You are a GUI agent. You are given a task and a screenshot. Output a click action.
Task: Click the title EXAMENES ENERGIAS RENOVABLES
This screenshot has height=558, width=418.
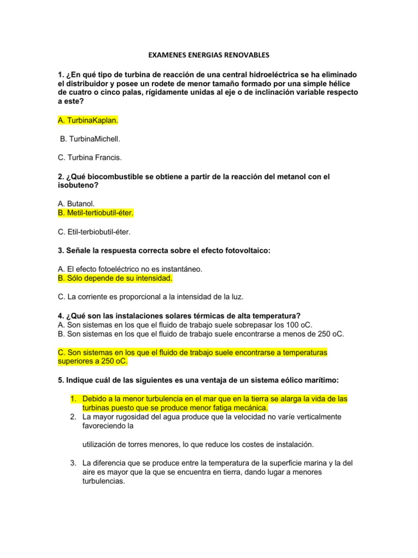click(x=209, y=55)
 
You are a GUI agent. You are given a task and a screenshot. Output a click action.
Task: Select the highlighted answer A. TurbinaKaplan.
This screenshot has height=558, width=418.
click(x=88, y=119)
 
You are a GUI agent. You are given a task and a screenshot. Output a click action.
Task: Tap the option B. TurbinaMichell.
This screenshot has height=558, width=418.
click(x=90, y=139)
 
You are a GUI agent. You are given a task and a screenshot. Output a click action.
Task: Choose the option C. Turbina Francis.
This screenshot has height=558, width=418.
click(x=89, y=158)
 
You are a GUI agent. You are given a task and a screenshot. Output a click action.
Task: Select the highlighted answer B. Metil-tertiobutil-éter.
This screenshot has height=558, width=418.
click(x=95, y=212)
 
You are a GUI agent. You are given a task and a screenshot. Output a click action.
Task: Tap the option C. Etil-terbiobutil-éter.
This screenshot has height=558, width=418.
click(x=94, y=232)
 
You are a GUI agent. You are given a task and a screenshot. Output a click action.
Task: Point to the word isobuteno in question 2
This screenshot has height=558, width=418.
click(x=77, y=185)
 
